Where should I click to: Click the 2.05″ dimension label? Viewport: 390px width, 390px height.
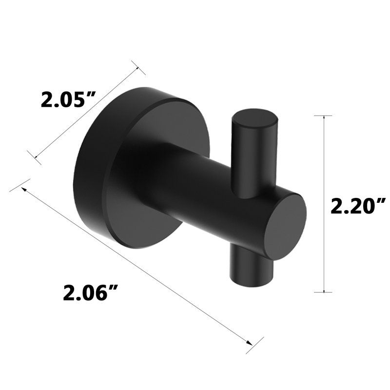click(x=68, y=100)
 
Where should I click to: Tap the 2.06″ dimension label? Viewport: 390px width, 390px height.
click(x=90, y=293)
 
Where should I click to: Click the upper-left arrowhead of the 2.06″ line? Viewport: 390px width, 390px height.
click(x=24, y=189)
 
